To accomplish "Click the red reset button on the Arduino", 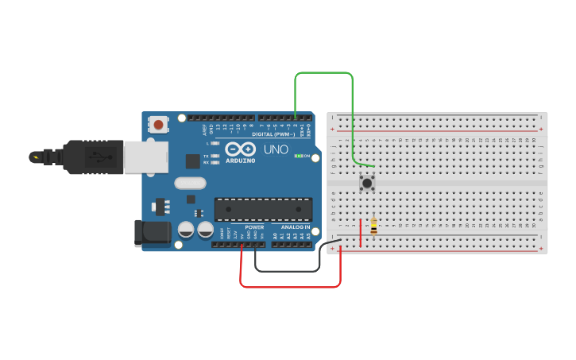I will (x=159, y=124).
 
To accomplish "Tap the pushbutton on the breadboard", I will (x=367, y=183).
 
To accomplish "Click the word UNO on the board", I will (x=276, y=149).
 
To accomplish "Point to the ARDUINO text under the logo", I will (x=240, y=161).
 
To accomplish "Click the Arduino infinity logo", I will (x=240, y=149).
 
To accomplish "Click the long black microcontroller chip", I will (x=263, y=209).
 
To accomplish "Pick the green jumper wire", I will (x=323, y=72).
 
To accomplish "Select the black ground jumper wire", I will (x=287, y=270).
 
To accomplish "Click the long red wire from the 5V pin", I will (x=291, y=286).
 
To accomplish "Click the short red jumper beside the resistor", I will (x=361, y=232).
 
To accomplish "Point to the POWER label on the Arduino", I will (x=254, y=226).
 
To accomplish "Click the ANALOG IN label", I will (x=295, y=226).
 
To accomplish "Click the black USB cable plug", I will (x=92, y=157).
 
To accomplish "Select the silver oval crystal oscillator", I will (x=190, y=183).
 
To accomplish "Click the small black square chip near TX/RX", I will (x=192, y=161).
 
